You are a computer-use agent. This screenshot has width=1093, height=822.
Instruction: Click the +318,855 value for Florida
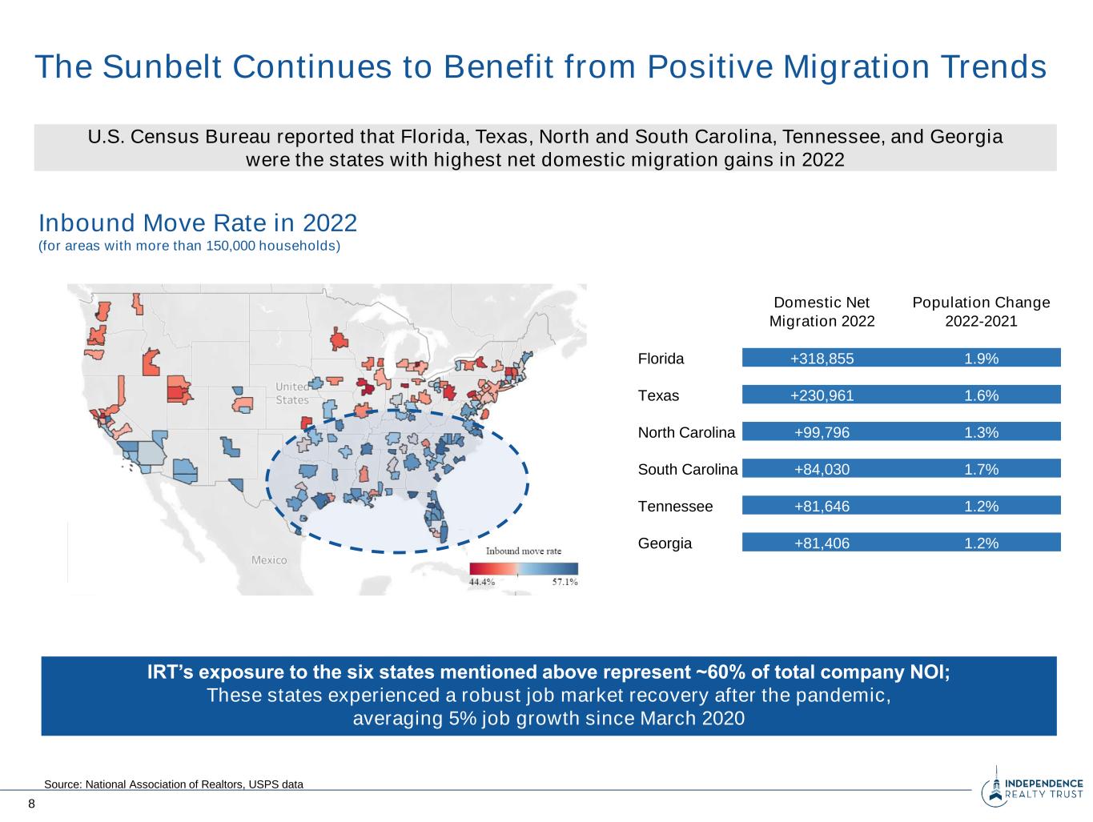tap(822, 359)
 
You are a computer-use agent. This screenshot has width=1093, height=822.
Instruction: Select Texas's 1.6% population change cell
tap(981, 395)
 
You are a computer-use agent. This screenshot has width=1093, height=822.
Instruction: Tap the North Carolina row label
tap(685, 433)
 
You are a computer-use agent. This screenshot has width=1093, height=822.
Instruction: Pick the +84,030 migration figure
tap(822, 470)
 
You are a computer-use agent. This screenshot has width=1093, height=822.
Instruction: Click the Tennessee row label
tap(674, 507)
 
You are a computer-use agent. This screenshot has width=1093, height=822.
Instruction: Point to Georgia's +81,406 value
tap(822, 543)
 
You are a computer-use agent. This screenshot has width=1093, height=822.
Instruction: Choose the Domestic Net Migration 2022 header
tap(822, 312)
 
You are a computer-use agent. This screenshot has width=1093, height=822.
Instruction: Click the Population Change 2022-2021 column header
tap(981, 312)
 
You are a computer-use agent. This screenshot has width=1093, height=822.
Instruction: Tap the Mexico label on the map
tap(269, 560)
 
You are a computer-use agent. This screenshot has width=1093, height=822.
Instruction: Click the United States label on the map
tap(291, 393)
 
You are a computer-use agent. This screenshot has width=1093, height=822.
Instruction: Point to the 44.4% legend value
tap(481, 583)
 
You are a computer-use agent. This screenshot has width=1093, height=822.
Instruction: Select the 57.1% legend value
tap(565, 583)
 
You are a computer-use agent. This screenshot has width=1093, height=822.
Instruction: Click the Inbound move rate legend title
tap(524, 551)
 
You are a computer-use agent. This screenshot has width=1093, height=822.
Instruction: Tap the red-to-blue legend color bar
tap(524, 568)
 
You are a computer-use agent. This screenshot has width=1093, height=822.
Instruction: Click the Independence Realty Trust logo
tap(1032, 789)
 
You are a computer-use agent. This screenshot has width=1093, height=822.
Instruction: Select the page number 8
tap(32, 804)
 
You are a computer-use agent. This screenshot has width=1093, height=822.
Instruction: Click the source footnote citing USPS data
tap(174, 784)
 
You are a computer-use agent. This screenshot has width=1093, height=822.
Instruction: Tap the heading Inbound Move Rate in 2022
tap(198, 222)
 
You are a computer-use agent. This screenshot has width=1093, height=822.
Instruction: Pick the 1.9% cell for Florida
tap(981, 359)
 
